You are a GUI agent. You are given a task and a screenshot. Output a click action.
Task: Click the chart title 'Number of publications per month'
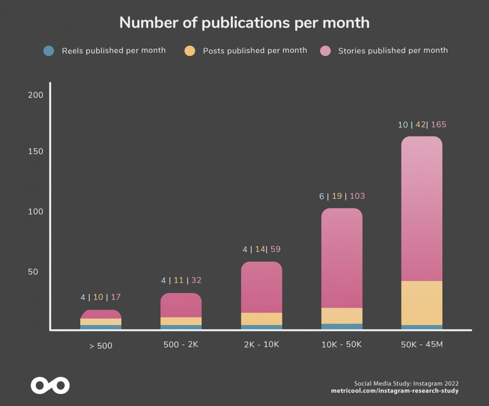click(244, 23)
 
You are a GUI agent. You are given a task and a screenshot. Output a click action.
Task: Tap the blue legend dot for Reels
click(49, 51)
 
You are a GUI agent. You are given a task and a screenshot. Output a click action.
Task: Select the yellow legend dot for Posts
click(189, 51)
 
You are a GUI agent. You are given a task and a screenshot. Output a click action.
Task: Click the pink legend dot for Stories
click(325, 51)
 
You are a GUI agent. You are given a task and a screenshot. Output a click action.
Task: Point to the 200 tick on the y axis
click(36, 95)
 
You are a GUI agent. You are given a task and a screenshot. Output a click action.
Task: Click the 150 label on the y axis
click(36, 151)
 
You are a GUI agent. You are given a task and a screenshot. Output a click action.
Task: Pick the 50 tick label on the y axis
click(33, 272)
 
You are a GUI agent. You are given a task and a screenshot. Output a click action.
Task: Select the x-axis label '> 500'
click(101, 346)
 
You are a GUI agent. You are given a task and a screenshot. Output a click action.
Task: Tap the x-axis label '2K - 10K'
click(262, 344)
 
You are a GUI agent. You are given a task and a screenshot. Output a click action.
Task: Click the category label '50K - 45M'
click(422, 344)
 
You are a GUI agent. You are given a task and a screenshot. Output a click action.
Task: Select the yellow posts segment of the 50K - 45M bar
click(422, 303)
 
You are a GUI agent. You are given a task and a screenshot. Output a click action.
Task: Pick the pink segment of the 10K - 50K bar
click(342, 258)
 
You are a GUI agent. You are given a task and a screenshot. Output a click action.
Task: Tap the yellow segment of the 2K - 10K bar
click(262, 319)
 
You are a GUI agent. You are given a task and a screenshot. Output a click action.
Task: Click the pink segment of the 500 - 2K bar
click(181, 305)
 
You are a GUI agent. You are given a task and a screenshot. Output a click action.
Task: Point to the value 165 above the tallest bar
click(439, 125)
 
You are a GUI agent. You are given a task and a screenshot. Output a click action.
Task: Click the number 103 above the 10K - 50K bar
click(357, 196)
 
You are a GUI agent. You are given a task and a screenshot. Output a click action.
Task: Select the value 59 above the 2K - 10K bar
click(275, 249)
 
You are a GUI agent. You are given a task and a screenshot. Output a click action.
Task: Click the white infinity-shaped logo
click(50, 385)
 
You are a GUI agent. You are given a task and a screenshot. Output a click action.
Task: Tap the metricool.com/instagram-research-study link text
click(395, 391)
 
